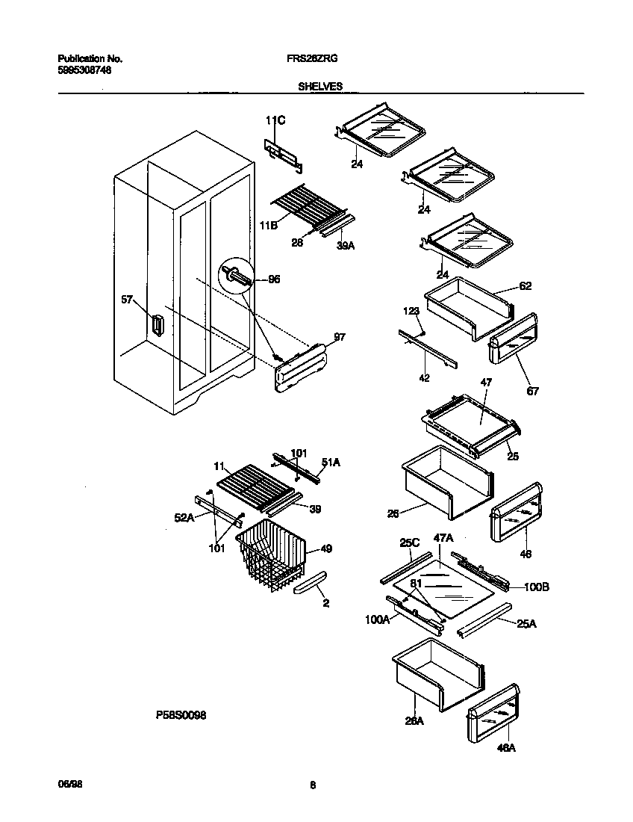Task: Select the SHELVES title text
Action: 320,87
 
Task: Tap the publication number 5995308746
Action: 85,70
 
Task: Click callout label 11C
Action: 275,120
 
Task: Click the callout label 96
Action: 274,279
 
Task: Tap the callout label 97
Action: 340,338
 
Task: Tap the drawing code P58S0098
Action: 181,715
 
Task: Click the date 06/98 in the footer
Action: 69,785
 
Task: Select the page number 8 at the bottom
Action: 313,785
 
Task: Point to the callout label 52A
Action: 185,516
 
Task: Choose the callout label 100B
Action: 536,587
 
